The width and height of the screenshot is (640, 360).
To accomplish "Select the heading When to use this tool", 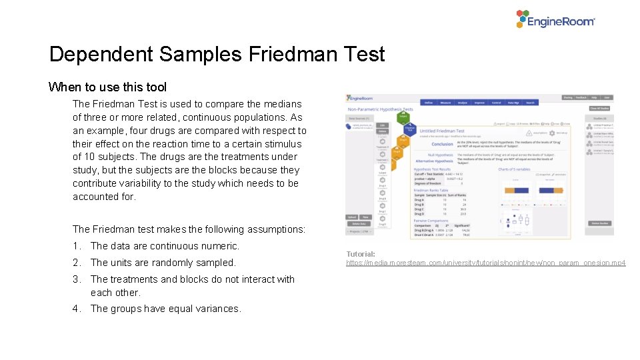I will pos(107,87).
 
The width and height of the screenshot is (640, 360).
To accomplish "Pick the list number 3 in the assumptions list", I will pos(77,279).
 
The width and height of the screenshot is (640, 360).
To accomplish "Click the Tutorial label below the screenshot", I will pos(361,254).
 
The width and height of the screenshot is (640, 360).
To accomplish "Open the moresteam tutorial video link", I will pos(485,263).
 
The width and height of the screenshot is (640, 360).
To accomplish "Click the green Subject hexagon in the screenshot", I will pos(403,116).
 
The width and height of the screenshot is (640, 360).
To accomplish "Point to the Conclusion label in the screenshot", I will pos(442,144).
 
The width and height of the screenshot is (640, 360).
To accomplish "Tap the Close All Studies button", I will pos(599,109).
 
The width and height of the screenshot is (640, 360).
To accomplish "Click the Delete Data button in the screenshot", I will pos(359,224).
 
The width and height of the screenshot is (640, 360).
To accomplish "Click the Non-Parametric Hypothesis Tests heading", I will pos(381,109).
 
